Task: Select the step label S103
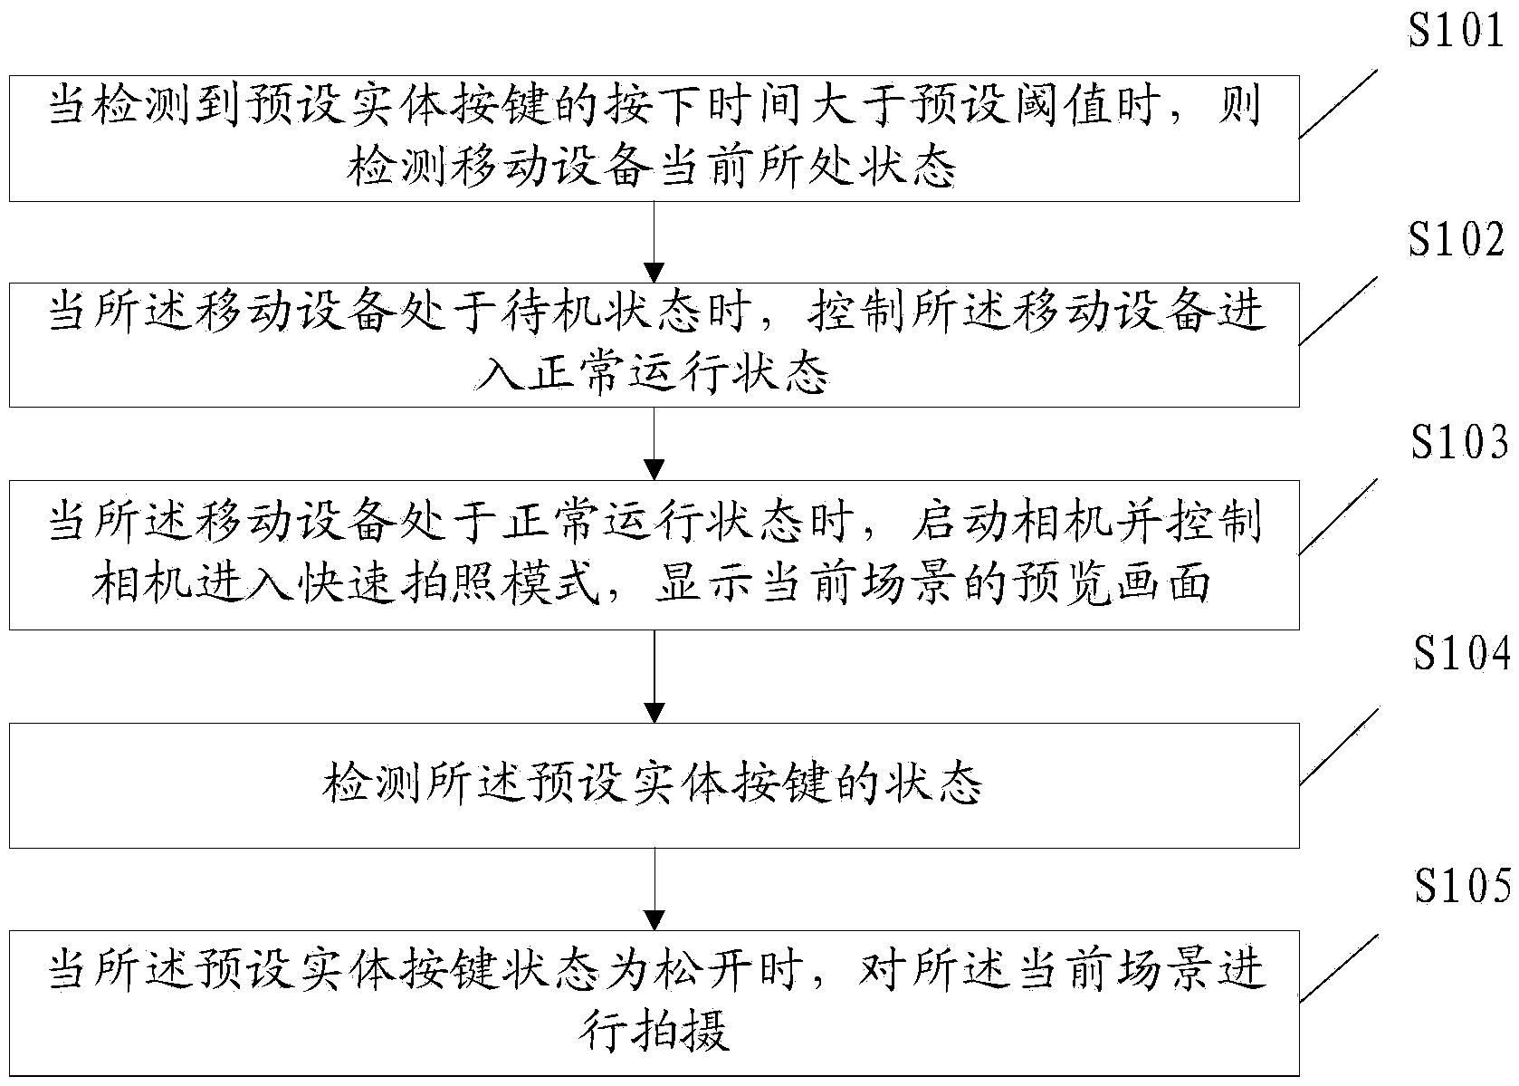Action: (x=1458, y=444)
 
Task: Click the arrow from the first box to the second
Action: (x=654, y=242)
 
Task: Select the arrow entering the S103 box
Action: (x=654, y=443)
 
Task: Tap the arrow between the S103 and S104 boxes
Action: (x=654, y=677)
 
